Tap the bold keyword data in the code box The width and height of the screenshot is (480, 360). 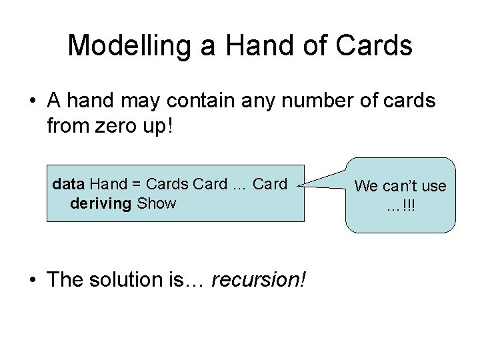click(x=68, y=183)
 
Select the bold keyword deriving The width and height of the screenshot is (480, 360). click(x=100, y=203)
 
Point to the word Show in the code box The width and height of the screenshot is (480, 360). click(x=156, y=203)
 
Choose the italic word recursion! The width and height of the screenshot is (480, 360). click(x=258, y=279)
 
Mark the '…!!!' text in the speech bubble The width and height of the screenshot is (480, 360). click(x=400, y=205)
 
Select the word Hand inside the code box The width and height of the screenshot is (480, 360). click(x=109, y=183)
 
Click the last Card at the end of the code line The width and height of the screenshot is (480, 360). click(x=271, y=183)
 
